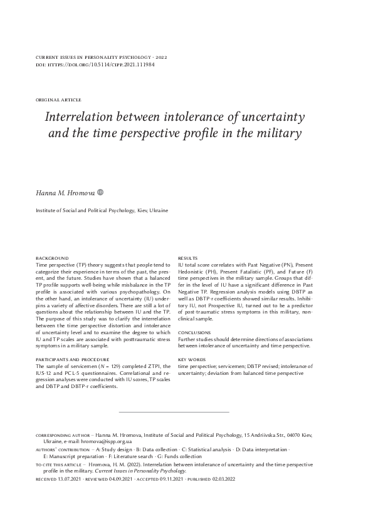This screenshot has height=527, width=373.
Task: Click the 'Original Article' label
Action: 59,100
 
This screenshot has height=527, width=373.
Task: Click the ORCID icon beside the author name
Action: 100,193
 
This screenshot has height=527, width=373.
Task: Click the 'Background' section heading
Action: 52,258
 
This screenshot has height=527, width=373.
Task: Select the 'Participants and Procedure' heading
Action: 73,359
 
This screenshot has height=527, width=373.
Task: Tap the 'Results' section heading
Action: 188,258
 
